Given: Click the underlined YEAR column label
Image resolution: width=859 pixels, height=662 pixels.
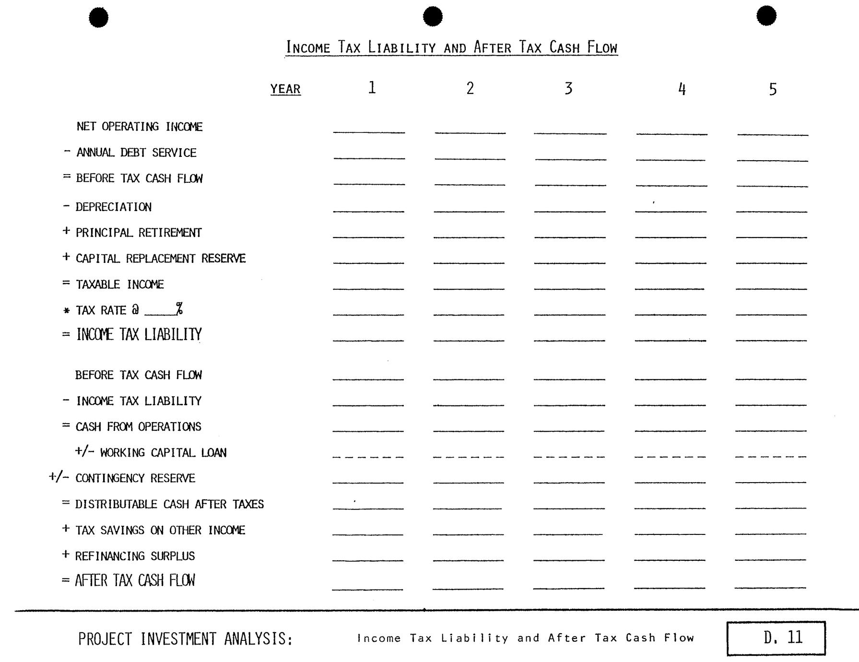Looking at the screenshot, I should [x=285, y=89].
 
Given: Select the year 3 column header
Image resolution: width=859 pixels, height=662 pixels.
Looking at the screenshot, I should [x=568, y=89].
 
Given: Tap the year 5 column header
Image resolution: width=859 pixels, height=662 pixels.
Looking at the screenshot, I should [x=773, y=89].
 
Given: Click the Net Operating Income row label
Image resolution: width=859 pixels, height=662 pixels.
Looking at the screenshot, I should [x=140, y=127].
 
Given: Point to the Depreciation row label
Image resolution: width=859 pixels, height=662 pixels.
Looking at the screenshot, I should [x=114, y=207].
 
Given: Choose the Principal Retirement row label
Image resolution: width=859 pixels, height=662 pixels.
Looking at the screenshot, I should [x=139, y=233].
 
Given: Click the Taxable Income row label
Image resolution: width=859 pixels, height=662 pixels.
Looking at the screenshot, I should [x=120, y=285].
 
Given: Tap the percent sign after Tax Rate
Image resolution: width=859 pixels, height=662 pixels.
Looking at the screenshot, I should [x=179, y=309].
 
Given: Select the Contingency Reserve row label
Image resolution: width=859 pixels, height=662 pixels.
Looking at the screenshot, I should [x=135, y=479].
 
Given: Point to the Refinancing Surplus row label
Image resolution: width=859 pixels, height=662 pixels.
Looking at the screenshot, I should [x=135, y=556].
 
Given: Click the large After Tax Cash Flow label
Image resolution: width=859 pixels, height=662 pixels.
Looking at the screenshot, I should [x=135, y=581].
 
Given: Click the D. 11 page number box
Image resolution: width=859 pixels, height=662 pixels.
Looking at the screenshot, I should [x=776, y=638].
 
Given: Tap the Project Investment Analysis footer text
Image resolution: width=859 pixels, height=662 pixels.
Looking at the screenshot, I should [x=185, y=639].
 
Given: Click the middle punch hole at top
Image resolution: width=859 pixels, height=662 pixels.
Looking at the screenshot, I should [x=433, y=16].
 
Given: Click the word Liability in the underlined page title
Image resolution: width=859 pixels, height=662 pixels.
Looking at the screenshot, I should [x=402, y=47].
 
